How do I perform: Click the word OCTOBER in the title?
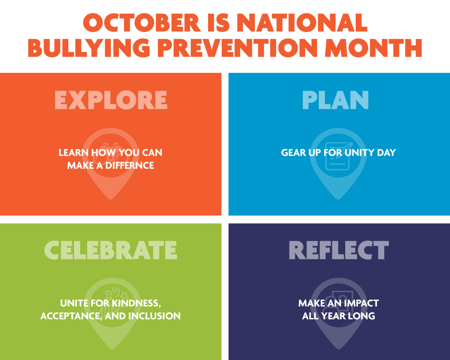(x=142, y=23)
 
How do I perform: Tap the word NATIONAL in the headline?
(x=302, y=23)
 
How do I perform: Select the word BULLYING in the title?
(x=89, y=48)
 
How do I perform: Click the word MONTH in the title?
(x=373, y=48)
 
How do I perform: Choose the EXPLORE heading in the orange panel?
(x=111, y=100)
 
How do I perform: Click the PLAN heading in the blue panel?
(x=335, y=100)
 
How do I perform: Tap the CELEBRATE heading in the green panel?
(x=111, y=250)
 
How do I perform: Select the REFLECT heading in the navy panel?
(x=339, y=250)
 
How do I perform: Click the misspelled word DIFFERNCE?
(x=130, y=166)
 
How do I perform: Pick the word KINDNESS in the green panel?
(x=136, y=303)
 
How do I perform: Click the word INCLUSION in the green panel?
(x=154, y=316)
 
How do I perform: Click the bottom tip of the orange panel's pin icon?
(x=111, y=199)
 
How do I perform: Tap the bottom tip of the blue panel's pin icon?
(x=338, y=199)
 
